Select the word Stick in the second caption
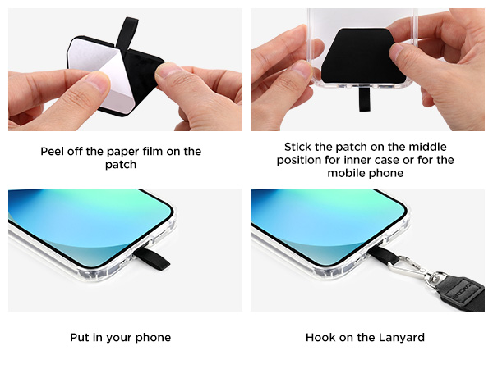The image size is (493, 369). point(299,148)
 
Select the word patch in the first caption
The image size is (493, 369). point(121,165)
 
